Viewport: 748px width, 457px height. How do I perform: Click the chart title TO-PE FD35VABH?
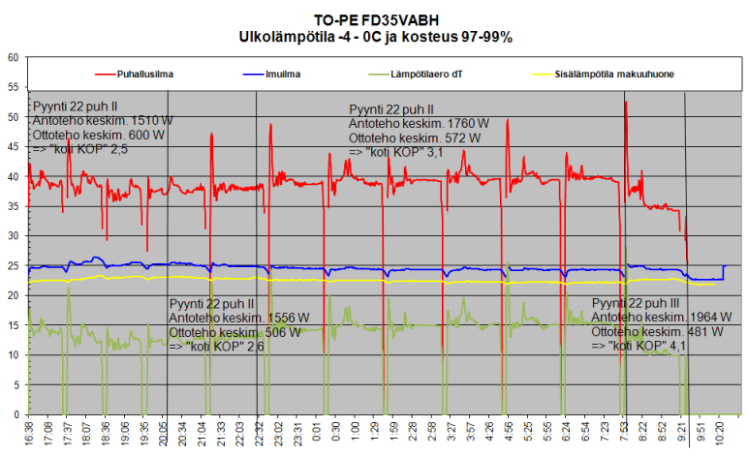375,19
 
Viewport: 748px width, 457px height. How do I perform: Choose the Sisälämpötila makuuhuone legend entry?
609,73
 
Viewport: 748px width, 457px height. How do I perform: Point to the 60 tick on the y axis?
14,57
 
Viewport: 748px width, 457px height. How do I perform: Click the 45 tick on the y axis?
14,146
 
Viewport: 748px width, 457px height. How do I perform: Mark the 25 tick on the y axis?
14,265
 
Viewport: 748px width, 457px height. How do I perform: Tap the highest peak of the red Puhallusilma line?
626,102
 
